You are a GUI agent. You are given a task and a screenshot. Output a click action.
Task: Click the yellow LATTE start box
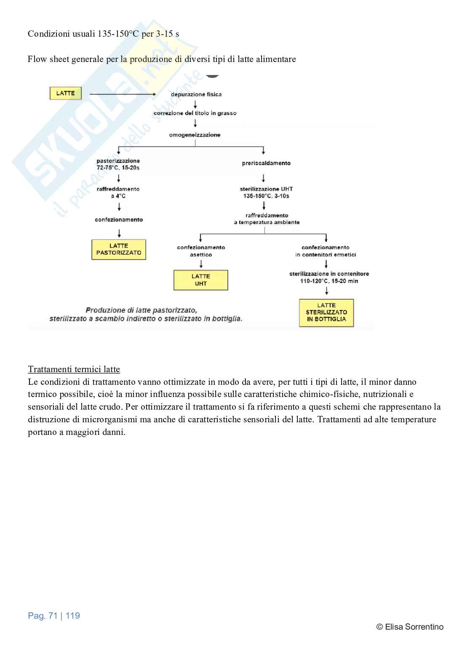[x=65, y=93]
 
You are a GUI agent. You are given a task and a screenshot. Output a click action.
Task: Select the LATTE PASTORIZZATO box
[x=119, y=249]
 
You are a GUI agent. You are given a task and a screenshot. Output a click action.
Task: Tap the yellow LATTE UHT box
[x=201, y=280]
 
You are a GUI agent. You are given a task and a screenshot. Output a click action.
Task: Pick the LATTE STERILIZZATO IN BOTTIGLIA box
[x=326, y=313]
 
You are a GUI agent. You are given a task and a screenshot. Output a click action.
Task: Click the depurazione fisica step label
[x=196, y=94]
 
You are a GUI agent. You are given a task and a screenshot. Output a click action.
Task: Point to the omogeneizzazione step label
[x=195, y=135]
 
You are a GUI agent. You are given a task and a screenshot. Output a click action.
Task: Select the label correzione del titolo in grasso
[x=195, y=113]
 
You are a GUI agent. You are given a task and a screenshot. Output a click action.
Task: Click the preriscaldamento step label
[x=266, y=163]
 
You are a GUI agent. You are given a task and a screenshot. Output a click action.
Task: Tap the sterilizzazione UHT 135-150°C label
[x=266, y=193]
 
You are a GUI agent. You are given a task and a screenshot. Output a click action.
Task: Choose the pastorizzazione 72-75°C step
[x=118, y=164]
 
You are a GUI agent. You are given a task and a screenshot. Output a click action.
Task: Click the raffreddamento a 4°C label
[x=118, y=193]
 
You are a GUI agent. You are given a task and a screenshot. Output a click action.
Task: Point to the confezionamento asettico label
[x=201, y=251]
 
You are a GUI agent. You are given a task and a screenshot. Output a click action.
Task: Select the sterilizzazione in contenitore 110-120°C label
[x=329, y=277]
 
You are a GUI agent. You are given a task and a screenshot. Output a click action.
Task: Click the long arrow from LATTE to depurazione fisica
[x=123, y=94]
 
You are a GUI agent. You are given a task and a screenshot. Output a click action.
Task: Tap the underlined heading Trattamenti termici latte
[x=74, y=370]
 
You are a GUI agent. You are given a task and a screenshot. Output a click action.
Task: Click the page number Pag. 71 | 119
[x=54, y=616]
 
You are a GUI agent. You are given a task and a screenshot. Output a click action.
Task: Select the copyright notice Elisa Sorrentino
[x=410, y=627]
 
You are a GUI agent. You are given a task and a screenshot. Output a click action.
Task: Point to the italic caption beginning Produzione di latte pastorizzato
[x=146, y=314]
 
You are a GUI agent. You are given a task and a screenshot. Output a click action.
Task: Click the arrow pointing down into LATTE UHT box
[x=201, y=264]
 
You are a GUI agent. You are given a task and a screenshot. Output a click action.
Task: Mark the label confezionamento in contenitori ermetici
[x=326, y=251]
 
